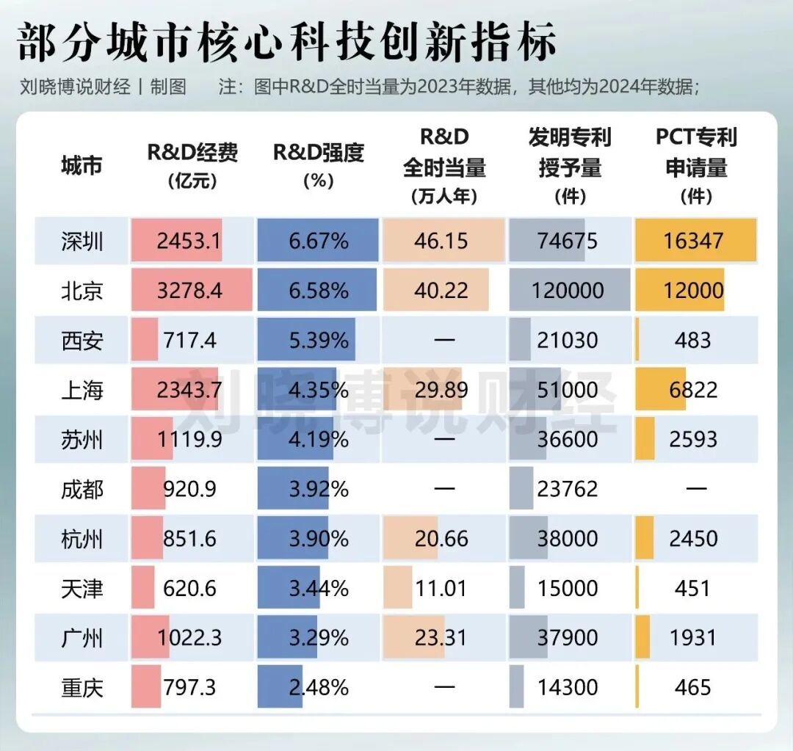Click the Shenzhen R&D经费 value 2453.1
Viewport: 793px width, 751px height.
point(189,241)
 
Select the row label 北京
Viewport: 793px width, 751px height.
point(82,291)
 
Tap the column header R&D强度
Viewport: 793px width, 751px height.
point(319,153)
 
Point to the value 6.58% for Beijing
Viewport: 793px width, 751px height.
point(319,291)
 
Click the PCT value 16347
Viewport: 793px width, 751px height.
point(693,241)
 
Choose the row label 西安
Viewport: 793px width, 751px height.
point(82,341)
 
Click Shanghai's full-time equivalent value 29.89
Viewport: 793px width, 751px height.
point(441,390)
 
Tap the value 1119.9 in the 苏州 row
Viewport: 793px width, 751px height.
point(189,440)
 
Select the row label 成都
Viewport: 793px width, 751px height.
point(82,489)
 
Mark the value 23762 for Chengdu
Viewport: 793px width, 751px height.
point(568,489)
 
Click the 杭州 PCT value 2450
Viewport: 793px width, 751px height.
point(693,539)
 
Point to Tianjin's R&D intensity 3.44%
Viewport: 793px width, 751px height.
point(319,588)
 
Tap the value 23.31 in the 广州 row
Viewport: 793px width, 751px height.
point(441,637)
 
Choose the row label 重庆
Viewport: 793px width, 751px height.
point(82,687)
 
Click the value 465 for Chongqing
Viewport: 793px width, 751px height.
point(693,687)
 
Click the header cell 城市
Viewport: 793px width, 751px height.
point(82,166)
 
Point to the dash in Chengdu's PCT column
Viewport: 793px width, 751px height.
point(695,489)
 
